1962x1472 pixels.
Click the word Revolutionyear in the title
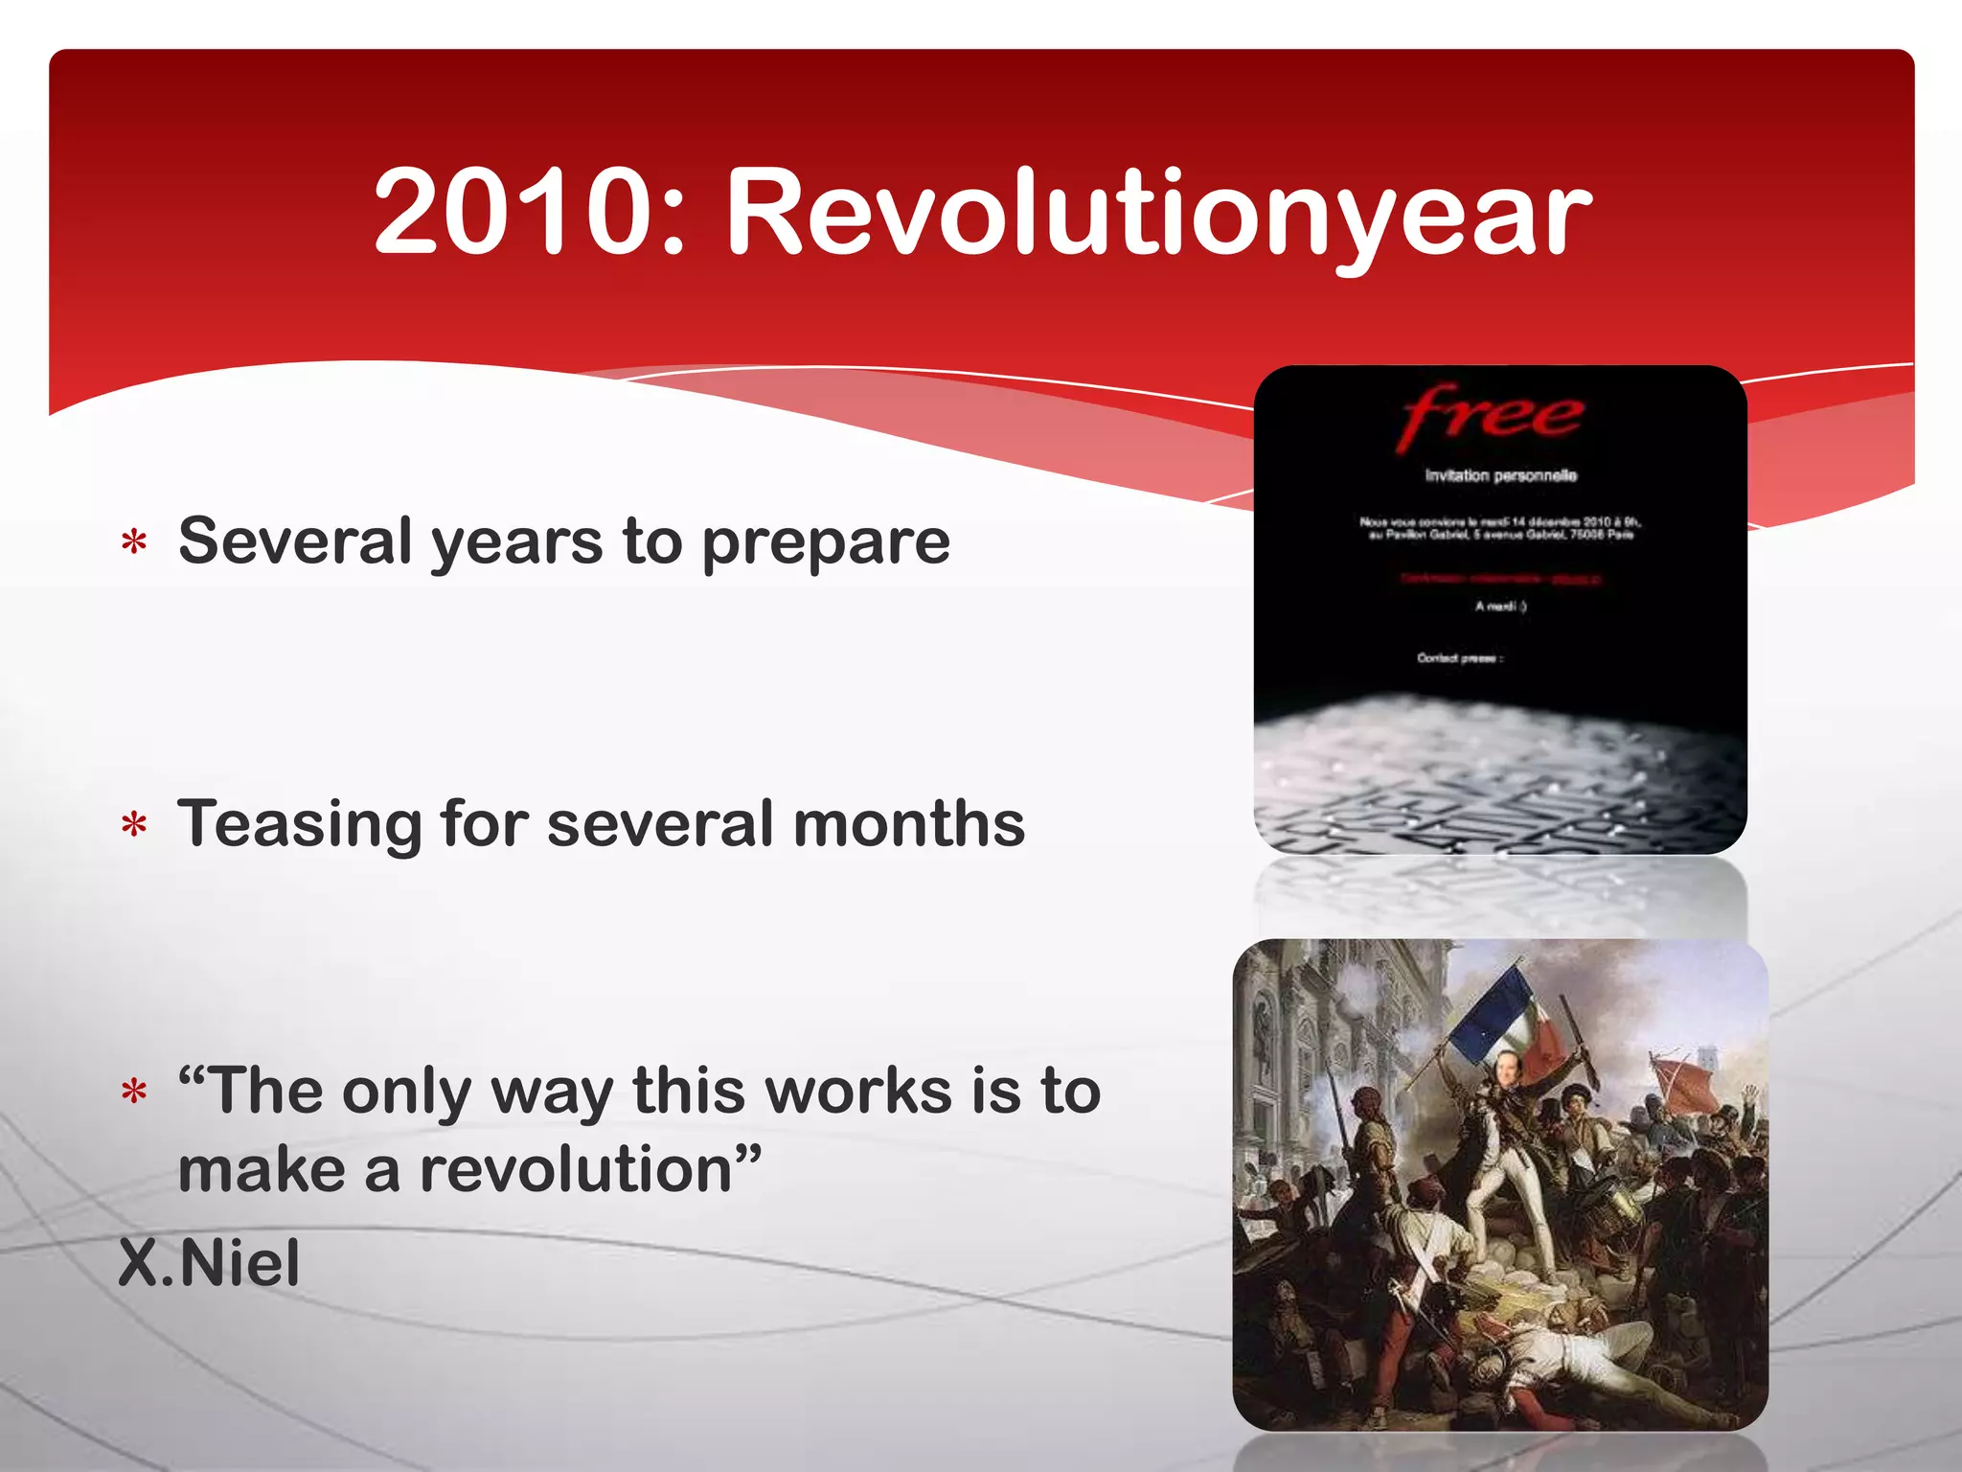[1158, 216]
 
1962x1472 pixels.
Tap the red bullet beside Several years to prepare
[134, 543]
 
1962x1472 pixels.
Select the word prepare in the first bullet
[826, 543]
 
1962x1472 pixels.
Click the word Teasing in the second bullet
[299, 825]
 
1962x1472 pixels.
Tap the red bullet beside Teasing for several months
[134, 825]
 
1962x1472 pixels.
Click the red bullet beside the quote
[134, 1092]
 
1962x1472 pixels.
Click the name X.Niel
[209, 1262]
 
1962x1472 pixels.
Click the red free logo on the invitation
[1491, 416]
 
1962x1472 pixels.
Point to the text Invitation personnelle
[1500, 475]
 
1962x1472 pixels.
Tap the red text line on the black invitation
[1500, 579]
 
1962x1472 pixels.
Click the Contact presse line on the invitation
[1460, 658]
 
